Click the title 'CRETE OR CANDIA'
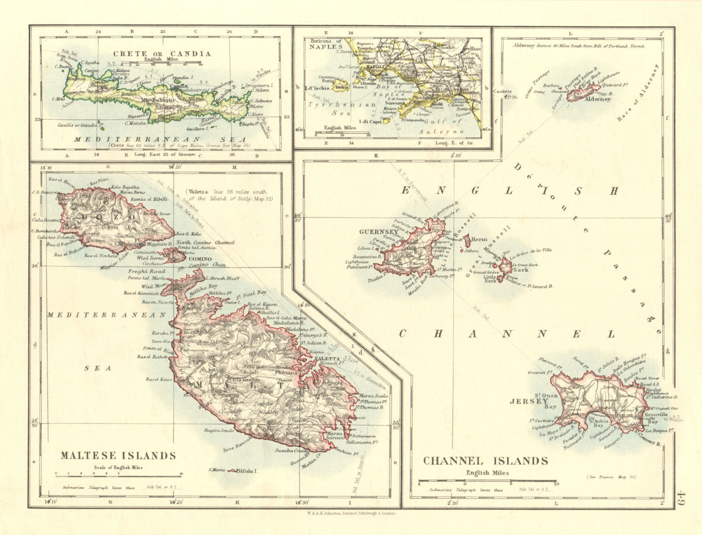162,53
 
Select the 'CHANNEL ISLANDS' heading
485,461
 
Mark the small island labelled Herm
467,240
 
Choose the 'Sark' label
522,270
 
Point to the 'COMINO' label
200,259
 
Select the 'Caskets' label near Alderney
501,92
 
